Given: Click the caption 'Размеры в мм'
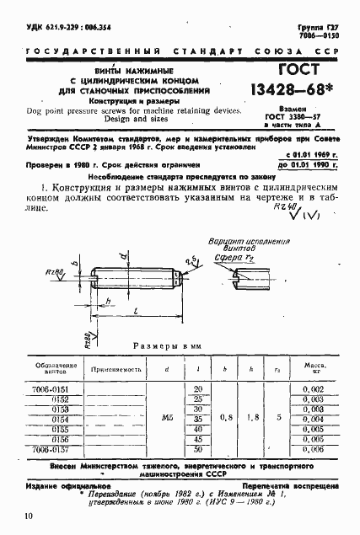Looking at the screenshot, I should coord(174,346).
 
